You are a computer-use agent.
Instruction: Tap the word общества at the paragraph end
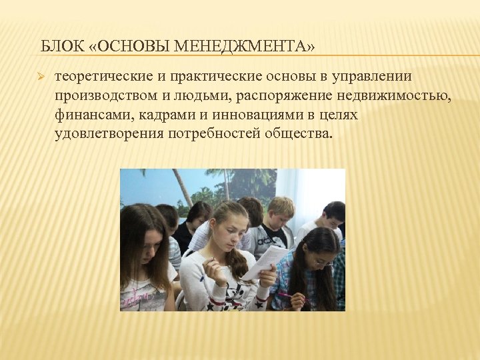(300, 133)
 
